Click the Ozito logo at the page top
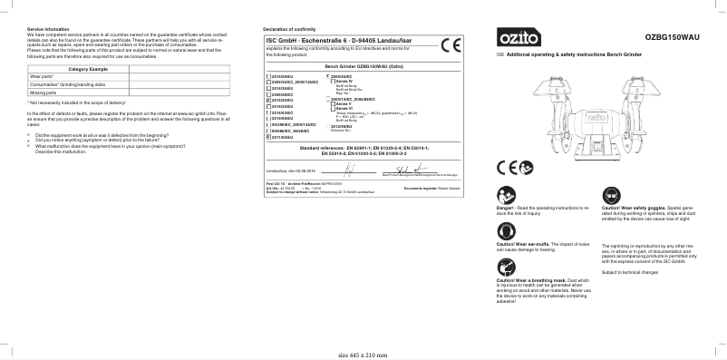[x=518, y=38]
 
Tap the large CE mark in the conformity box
[x=450, y=46]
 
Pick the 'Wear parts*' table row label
[x=42, y=78]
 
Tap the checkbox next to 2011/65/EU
[x=267, y=136]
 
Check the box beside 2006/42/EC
[x=328, y=74]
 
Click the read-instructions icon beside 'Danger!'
[x=505, y=197]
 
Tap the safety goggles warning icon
[x=609, y=197]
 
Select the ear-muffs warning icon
[x=505, y=232]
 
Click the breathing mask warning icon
[x=505, y=268]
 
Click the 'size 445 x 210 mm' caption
[x=363, y=355]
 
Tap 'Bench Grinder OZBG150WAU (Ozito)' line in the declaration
[x=363, y=66]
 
